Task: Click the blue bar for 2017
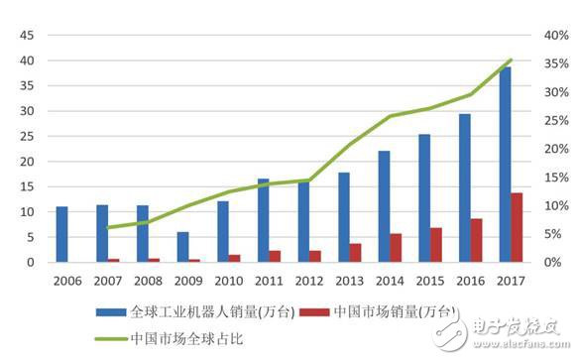504,165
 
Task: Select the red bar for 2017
517,227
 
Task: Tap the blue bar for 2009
182,247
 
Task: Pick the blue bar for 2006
61,234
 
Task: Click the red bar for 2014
397,248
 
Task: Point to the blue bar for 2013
343,217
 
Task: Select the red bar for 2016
477,240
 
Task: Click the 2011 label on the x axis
270,280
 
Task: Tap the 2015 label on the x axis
430,280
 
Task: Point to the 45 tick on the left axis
27,36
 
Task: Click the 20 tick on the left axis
27,162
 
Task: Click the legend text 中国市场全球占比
184,339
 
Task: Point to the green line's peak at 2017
511,60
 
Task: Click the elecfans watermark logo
506,326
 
